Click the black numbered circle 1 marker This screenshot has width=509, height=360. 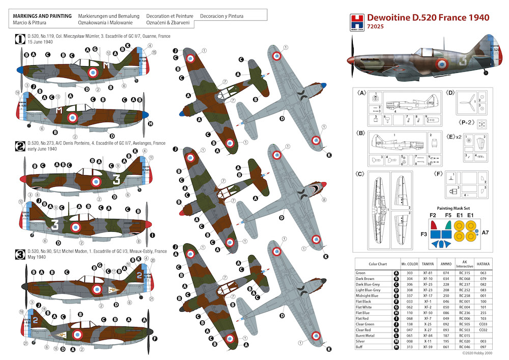[19, 38]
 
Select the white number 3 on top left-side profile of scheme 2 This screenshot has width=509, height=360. [117, 180]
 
